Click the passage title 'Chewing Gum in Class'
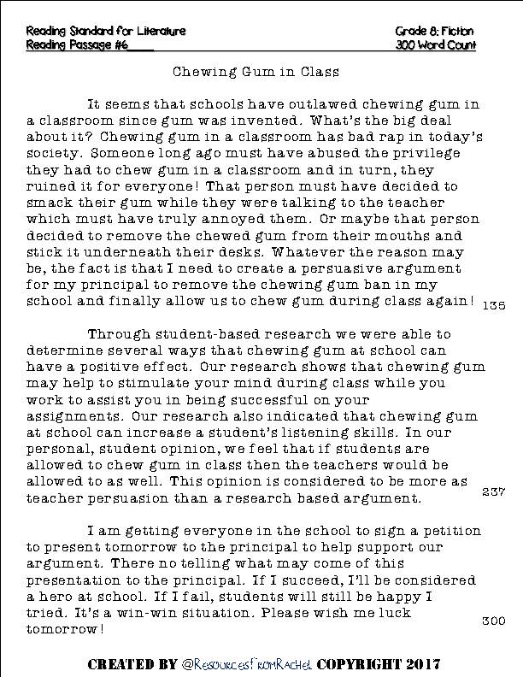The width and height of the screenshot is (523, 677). click(x=261, y=73)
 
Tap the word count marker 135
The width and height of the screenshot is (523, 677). click(x=494, y=305)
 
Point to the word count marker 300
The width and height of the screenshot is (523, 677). click(x=494, y=621)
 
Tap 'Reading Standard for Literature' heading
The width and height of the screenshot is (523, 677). click(x=106, y=31)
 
